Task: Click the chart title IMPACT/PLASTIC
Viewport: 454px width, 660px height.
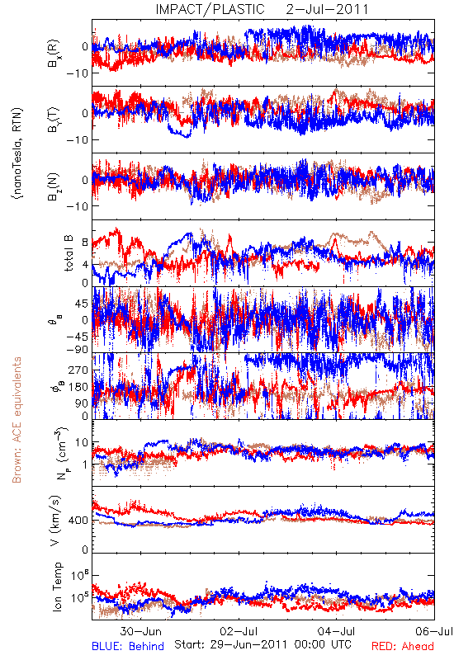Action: point(210,9)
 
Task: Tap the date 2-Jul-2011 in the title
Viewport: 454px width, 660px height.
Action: point(327,9)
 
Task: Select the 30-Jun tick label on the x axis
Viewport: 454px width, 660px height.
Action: point(140,631)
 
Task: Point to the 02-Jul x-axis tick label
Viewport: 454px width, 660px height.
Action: point(239,631)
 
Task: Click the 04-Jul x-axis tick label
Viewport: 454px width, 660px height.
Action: point(337,631)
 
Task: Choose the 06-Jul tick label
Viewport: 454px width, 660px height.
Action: point(434,631)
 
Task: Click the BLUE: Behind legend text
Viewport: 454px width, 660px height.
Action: point(128,646)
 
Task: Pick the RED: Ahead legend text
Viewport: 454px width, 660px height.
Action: point(403,646)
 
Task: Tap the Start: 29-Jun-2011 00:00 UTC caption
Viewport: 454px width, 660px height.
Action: point(262,644)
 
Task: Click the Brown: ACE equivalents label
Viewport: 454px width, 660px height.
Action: point(17,420)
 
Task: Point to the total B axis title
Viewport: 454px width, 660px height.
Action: point(69,253)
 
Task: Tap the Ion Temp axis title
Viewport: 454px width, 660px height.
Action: point(57,587)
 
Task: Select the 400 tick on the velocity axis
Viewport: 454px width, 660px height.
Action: point(78,521)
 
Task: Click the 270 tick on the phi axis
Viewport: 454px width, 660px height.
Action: point(78,370)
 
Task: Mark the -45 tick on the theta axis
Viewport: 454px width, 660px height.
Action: point(78,337)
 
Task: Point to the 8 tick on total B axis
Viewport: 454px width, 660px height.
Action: point(86,243)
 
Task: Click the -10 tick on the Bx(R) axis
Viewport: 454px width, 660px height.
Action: point(78,73)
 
